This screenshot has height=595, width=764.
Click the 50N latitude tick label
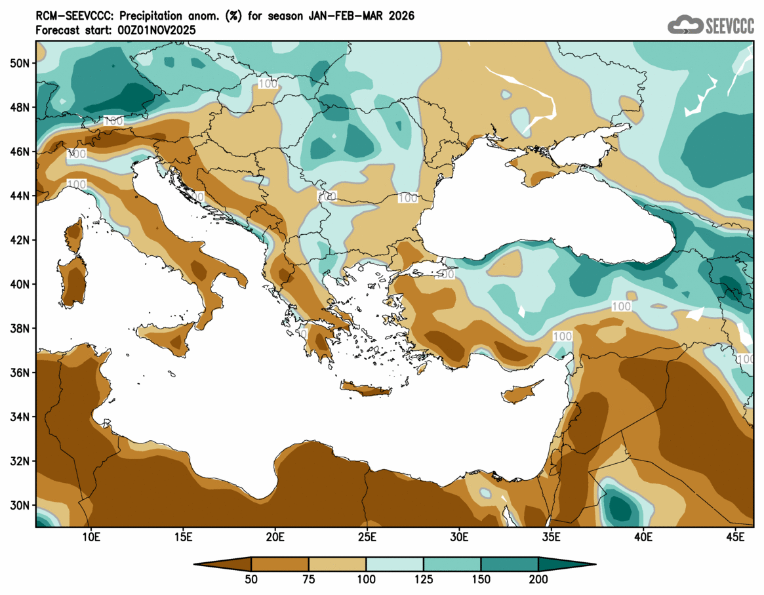click(x=20, y=63)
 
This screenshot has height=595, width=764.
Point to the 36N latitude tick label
click(x=20, y=373)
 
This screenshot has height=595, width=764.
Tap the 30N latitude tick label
click(x=20, y=505)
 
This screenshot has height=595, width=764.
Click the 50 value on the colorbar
click(x=251, y=579)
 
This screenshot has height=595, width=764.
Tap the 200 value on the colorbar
click(x=538, y=579)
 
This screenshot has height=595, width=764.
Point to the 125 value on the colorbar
click(x=424, y=579)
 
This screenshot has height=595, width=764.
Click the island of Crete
click(x=366, y=390)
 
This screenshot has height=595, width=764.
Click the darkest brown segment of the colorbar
click(x=223, y=564)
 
